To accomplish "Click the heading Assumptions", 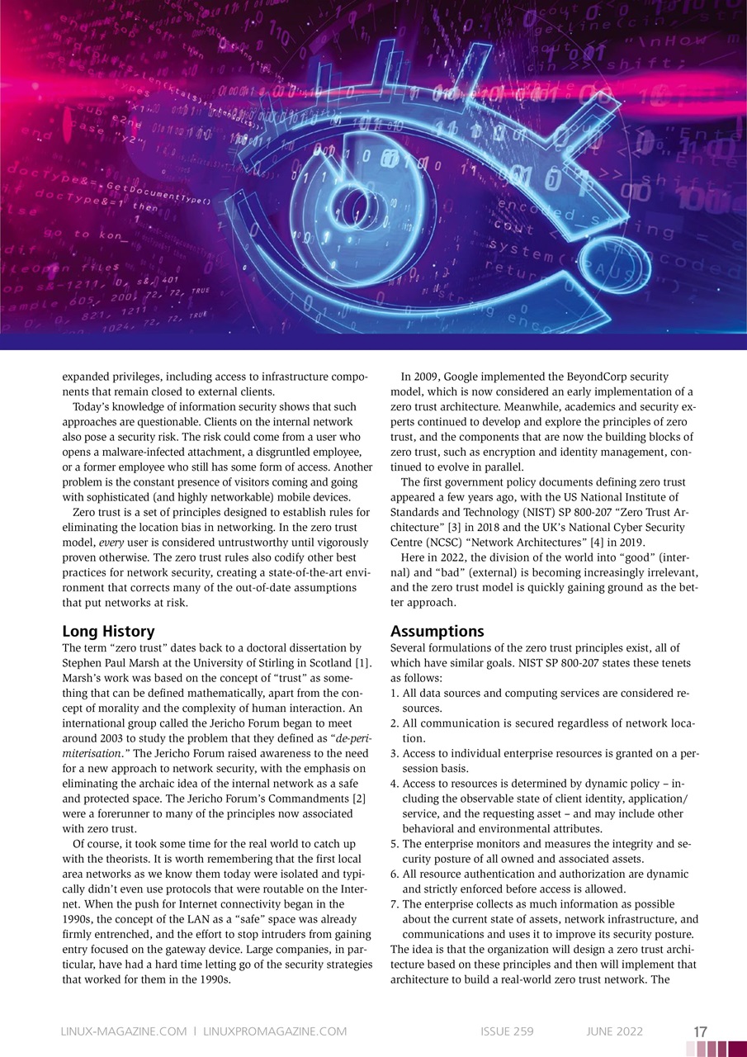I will [437, 632].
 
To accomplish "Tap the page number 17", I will [700, 1031].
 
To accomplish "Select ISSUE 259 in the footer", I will [507, 1031].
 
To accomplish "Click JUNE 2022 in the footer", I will [614, 1031].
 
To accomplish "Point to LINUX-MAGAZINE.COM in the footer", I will [123, 1031].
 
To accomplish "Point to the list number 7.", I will [394, 904].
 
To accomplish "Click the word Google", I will [476, 377].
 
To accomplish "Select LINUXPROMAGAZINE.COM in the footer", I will [275, 1031].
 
